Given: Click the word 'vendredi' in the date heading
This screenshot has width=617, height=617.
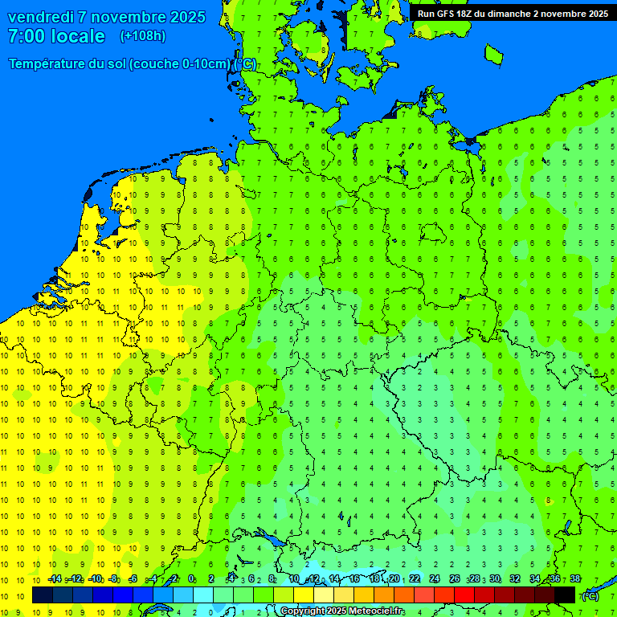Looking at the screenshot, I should pyautogui.click(x=42, y=17).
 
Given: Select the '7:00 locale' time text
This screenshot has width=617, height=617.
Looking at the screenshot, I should pyautogui.click(x=56, y=36).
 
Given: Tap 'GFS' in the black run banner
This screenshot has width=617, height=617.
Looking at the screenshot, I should pyautogui.click(x=447, y=14).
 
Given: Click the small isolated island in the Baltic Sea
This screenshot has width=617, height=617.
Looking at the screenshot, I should pyautogui.click(x=493, y=54).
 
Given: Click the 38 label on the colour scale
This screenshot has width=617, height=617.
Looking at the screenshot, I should pyautogui.click(x=574, y=578).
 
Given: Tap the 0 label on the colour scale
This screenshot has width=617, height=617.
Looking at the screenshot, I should pyautogui.click(x=191, y=578).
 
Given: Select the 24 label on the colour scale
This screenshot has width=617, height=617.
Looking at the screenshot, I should pyautogui.click(x=435, y=578).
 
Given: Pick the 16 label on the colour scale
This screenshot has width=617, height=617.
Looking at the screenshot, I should pyautogui.click(x=354, y=578).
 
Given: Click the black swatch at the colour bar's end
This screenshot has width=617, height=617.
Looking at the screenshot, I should pyautogui.click(x=565, y=595).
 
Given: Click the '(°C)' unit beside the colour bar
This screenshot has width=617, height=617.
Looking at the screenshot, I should pyautogui.click(x=590, y=595).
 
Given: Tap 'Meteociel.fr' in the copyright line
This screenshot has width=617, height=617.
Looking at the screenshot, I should pyautogui.click(x=377, y=611).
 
